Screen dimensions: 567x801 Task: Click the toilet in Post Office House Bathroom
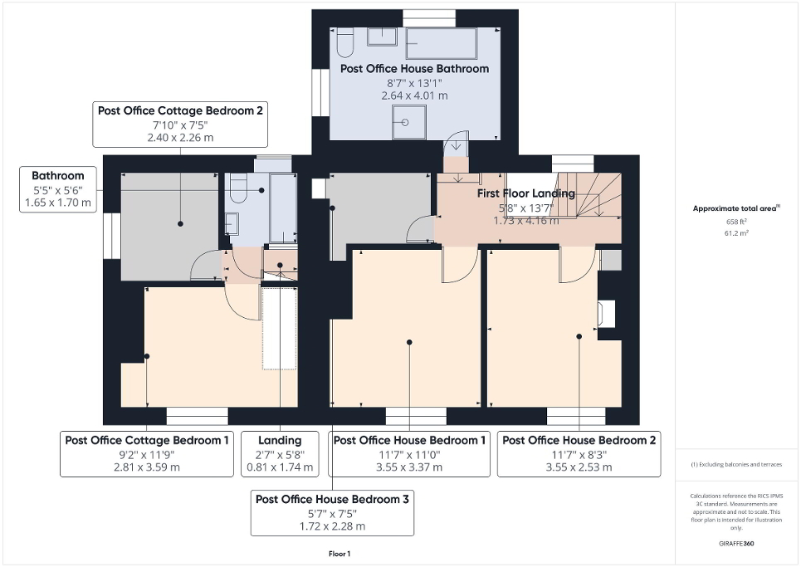tap(346, 40)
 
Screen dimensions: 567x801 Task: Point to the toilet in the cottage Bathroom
tap(239, 190)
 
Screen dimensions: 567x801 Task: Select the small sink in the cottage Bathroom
tap(232, 224)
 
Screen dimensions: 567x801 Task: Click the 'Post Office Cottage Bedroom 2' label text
tap(181, 110)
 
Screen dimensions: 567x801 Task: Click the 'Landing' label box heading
tap(280, 440)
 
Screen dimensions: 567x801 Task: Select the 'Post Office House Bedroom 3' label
tap(332, 499)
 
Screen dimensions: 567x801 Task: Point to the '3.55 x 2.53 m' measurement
tap(579, 467)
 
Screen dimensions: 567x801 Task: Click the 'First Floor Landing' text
tap(525, 193)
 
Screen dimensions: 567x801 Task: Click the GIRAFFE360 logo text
tap(737, 544)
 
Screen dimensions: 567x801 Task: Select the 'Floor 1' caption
tap(340, 553)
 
